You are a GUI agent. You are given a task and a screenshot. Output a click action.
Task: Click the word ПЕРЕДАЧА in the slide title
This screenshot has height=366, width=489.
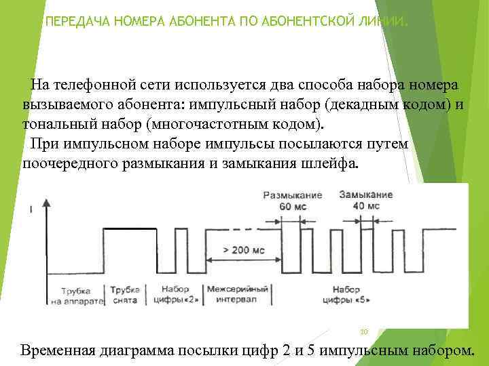pyautogui.click(x=71, y=22)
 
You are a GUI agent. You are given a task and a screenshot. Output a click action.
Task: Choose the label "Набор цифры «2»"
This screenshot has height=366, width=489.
pyautogui.click(x=176, y=294)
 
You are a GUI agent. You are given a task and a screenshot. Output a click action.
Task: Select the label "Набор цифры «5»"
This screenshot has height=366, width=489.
pyautogui.click(x=346, y=294)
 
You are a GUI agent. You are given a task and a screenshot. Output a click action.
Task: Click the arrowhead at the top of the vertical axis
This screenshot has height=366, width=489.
pyautogui.click(x=46, y=202)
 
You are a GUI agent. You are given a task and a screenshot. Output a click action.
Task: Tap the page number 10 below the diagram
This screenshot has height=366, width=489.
pyautogui.click(x=363, y=331)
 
